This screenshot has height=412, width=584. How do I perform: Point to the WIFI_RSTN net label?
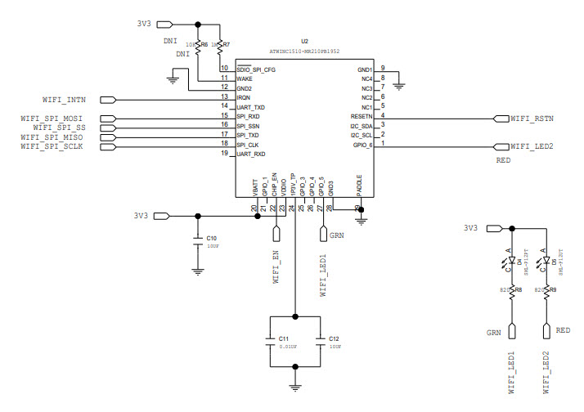pyautogui.click(x=532, y=119)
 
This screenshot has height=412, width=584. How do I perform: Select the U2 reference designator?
pyautogui.click(x=305, y=40)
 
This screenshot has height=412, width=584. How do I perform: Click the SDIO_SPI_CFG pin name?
pyautogui.click(x=256, y=70)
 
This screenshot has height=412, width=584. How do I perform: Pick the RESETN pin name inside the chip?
pyautogui.click(x=362, y=117)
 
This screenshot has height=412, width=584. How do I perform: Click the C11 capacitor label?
pyautogui.click(x=284, y=338)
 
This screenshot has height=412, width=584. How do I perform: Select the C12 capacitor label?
pyautogui.click(x=334, y=338)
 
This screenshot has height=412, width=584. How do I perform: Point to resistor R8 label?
pyautogui.click(x=518, y=289)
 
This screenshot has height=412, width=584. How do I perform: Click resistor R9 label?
pyautogui.click(x=553, y=289)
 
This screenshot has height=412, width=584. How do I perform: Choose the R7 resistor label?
pyautogui.click(x=227, y=45)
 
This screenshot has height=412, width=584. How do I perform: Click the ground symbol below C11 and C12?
pyautogui.click(x=295, y=387)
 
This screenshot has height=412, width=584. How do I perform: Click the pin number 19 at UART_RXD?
pyautogui.click(x=224, y=153)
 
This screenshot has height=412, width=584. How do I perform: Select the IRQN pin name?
pyautogui.click(x=245, y=98)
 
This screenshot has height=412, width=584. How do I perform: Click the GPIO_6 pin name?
pyautogui.click(x=362, y=145)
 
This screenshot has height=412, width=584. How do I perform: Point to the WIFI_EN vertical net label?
pyautogui.click(x=276, y=266)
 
